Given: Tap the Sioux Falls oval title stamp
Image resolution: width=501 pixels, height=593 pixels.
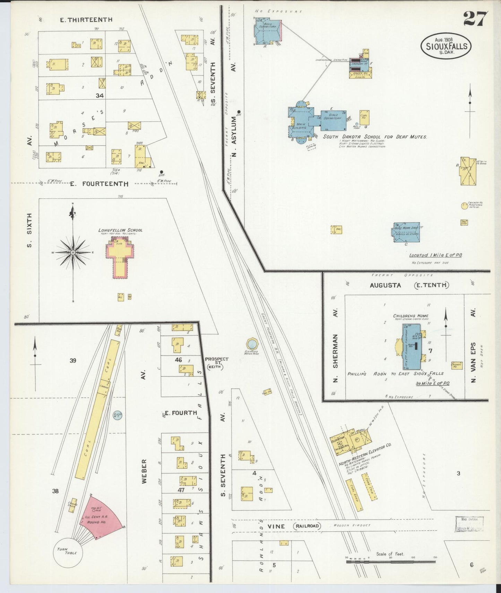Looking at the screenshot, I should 446,46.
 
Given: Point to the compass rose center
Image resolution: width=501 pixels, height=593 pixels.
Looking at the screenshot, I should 73,252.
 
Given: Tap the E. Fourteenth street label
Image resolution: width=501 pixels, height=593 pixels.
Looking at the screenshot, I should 99,184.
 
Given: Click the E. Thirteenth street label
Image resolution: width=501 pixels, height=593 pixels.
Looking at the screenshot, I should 86,20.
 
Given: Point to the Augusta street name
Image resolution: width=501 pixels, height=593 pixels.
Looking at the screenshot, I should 385,285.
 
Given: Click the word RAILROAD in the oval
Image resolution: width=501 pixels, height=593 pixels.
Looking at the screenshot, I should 307,526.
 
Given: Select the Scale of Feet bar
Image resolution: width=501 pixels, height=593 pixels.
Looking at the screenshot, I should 391,561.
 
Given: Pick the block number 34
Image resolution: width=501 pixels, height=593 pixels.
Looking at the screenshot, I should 100,95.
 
